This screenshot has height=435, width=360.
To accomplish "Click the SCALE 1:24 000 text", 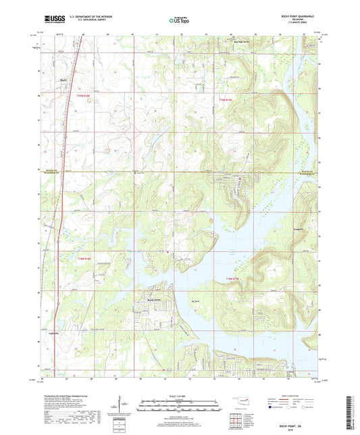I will coord(180,395).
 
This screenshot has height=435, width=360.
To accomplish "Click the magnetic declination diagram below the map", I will coord(125,407).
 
